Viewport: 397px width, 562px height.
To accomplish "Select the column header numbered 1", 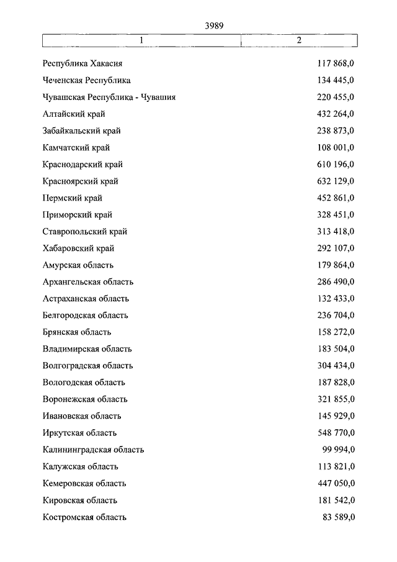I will pos(141,40).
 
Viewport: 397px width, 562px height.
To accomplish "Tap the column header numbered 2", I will pos(299,40).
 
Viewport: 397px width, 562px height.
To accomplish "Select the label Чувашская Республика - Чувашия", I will pos(109,97).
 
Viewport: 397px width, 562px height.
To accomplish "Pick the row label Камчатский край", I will pos(76,148).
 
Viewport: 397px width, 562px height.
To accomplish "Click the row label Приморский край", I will pos(78,215).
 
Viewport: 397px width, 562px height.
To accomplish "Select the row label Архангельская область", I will pos(88,282).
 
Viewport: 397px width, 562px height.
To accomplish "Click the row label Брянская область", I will pos(77,332).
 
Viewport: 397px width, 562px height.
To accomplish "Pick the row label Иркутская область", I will pos(80,433).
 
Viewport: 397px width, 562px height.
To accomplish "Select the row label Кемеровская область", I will pos(84,483).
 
